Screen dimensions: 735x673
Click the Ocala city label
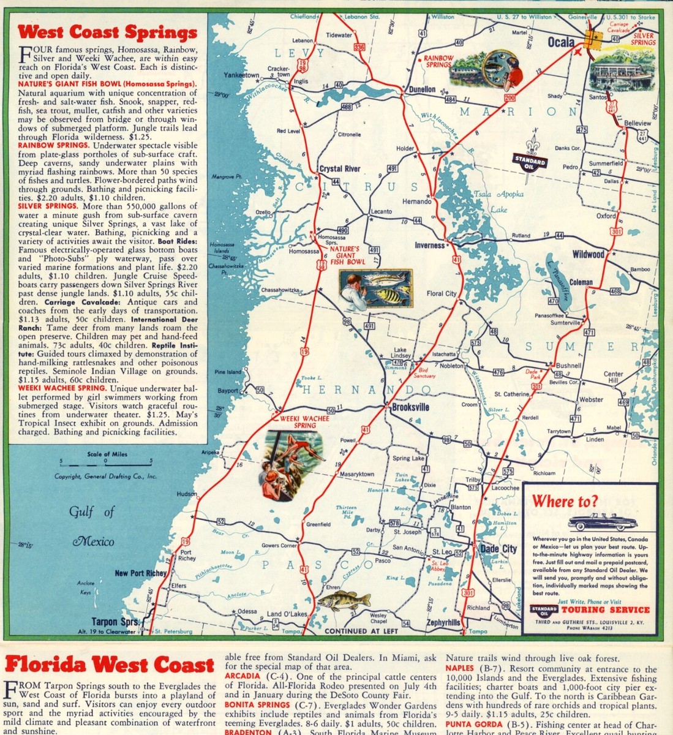tap(557, 42)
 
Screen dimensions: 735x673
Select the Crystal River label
tap(340, 168)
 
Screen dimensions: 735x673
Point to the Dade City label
tap(498, 549)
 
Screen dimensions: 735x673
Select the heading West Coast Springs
tap(107, 32)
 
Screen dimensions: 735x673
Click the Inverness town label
tap(430, 245)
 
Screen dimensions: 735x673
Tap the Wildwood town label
tap(588, 254)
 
